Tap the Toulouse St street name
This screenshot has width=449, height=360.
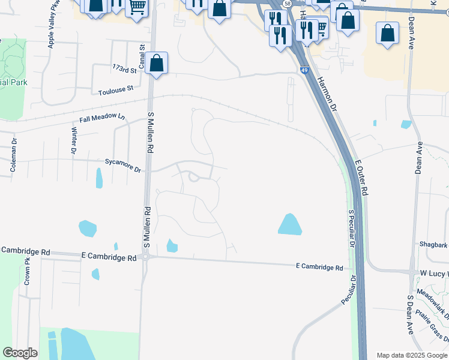(x=116, y=89)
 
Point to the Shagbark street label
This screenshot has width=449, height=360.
(x=433, y=244)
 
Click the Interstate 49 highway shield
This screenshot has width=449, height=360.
(x=305, y=70)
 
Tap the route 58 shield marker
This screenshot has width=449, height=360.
(x=288, y=3)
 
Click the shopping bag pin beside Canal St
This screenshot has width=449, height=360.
(x=156, y=64)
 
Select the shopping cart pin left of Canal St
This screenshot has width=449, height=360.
(x=137, y=7)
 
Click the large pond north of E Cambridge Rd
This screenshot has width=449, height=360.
(x=290, y=224)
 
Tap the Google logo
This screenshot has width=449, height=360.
(x=20, y=352)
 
